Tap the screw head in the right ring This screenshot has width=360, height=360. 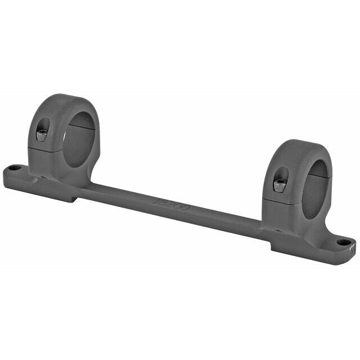coord(278,184)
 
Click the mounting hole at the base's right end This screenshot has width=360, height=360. coord(342,242)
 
